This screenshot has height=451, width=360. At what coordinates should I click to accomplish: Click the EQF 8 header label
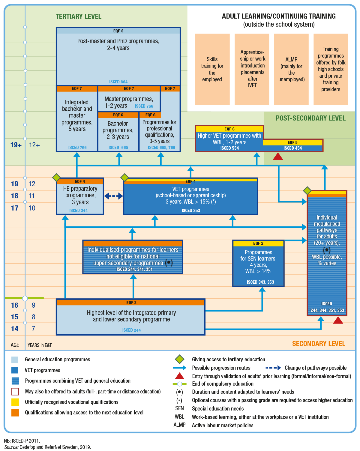coord(118,31)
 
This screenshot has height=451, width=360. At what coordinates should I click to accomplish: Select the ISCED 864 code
coord(118,82)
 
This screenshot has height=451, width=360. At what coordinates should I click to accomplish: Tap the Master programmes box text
coord(129,102)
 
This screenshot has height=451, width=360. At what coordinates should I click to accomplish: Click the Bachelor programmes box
coord(118,132)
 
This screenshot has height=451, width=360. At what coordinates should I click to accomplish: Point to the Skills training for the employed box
coord(212,69)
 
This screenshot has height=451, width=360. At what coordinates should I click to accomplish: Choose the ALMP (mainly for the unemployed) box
coord(291,69)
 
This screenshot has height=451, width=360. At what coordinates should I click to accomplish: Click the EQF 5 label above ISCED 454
coord(292,142)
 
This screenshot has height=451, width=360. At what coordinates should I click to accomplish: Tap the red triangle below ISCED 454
coord(278,156)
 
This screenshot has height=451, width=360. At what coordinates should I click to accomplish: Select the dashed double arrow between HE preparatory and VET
coord(113,196)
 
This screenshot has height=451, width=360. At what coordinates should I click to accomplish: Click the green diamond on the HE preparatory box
coord(57,178)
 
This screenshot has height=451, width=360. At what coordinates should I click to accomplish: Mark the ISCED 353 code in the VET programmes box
coord(191,211)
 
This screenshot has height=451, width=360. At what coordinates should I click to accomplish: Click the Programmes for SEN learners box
coord(258,263)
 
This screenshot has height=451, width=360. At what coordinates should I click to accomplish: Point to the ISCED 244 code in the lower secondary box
coord(131,330)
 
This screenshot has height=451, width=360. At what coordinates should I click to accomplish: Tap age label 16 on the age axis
coord(15,305)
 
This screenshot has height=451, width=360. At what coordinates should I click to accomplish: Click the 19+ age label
coord(16,145)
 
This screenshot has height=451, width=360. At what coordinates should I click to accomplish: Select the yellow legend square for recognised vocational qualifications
coord(15,402)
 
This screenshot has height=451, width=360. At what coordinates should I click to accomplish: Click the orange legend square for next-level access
coord(15,412)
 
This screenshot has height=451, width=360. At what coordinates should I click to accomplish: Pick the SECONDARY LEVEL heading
coord(319,343)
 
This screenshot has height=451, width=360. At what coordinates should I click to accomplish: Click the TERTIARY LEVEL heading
coord(78,16)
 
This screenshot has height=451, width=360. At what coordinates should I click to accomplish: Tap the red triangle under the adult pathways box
coord(338,320)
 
